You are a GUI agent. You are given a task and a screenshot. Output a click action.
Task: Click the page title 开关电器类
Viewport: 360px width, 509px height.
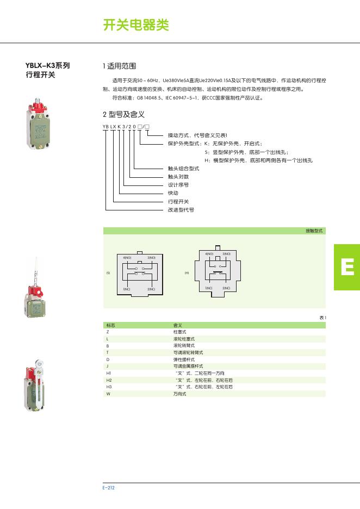136,25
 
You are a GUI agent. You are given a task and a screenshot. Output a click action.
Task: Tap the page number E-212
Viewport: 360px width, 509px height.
108,488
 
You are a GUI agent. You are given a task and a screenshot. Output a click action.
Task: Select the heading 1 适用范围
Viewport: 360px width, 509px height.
119,66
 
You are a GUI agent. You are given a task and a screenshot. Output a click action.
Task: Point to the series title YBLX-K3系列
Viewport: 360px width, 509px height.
48,66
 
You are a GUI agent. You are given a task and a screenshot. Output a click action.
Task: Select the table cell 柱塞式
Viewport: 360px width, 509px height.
179,331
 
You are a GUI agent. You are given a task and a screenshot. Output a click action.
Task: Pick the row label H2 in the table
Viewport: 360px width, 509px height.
109,380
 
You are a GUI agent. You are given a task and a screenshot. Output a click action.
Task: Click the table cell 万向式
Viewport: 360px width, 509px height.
179,394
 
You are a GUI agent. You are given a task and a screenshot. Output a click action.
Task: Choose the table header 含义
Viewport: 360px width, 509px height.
177,325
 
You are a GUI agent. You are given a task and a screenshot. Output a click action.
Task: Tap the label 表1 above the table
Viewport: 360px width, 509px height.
322,317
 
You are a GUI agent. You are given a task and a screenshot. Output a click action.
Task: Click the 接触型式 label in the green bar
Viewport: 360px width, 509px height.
314,231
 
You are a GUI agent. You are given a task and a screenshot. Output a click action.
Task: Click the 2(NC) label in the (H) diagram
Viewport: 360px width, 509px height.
226,287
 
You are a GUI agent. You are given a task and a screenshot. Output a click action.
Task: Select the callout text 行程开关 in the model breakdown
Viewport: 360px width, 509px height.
178,201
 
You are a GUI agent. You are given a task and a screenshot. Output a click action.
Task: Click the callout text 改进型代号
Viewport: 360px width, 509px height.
181,209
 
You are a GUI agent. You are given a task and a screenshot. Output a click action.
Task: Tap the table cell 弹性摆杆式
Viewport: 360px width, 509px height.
181,359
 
